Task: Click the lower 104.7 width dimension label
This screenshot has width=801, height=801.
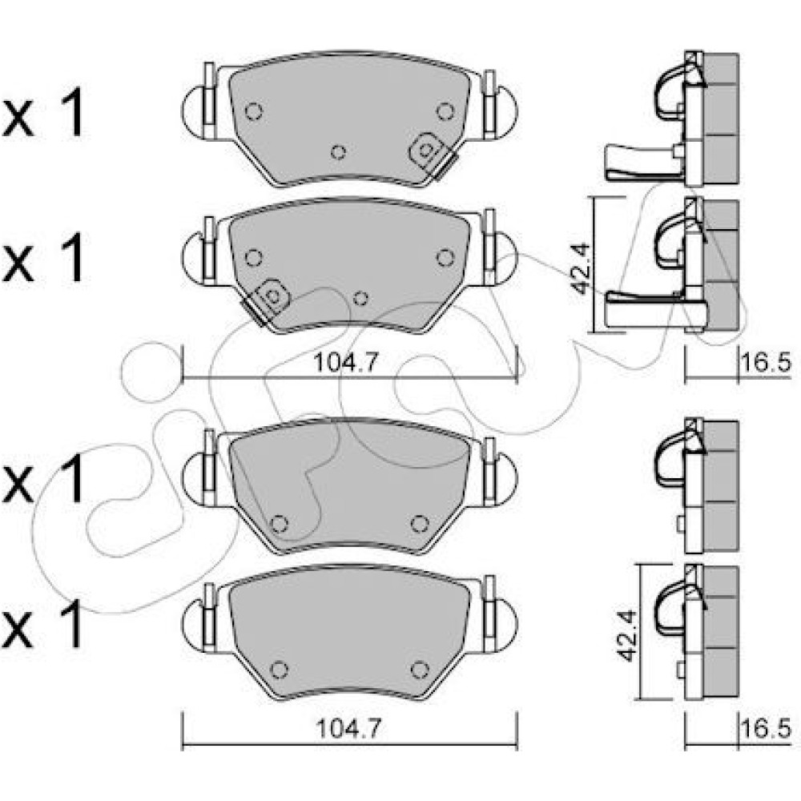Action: pos(349,728)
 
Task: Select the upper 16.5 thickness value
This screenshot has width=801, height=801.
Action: pos(765,363)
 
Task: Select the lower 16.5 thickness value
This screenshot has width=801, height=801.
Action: pos(765,728)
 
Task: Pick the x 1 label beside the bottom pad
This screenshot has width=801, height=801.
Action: pos(43,624)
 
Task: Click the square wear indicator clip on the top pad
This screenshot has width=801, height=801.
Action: pos(427,151)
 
